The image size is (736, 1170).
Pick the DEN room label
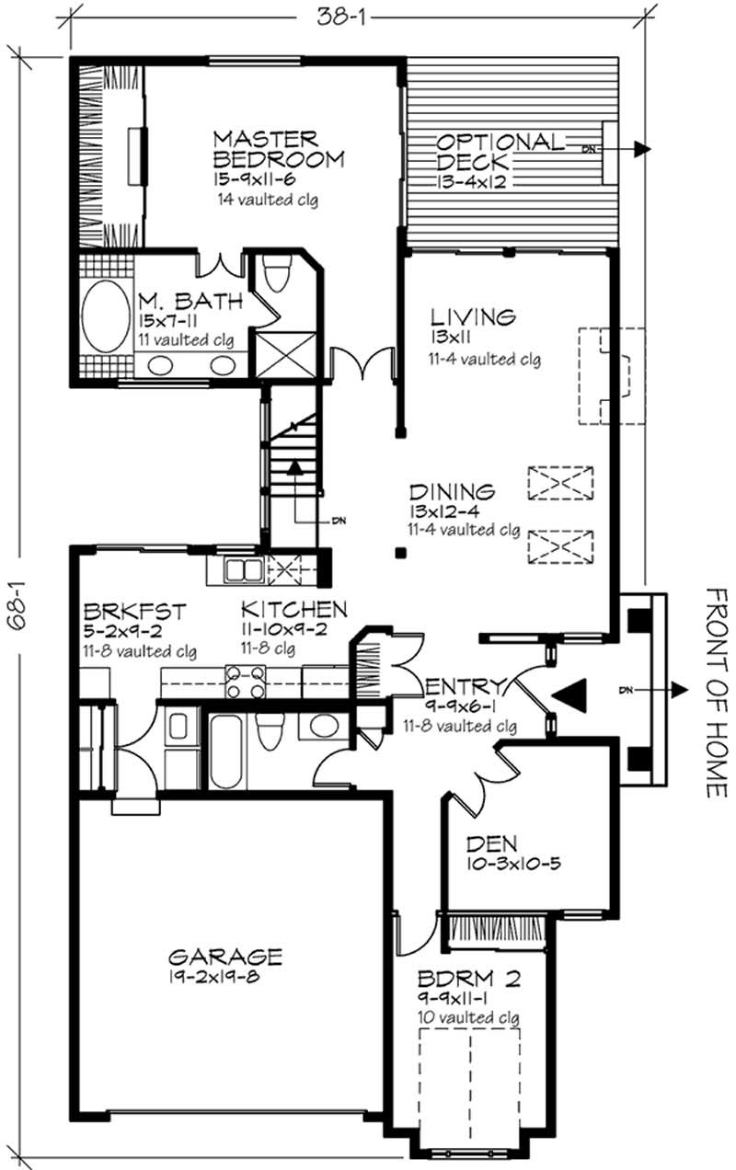(x=491, y=842)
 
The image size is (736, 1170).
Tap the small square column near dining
(x=400, y=553)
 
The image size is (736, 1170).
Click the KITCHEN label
(x=293, y=609)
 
